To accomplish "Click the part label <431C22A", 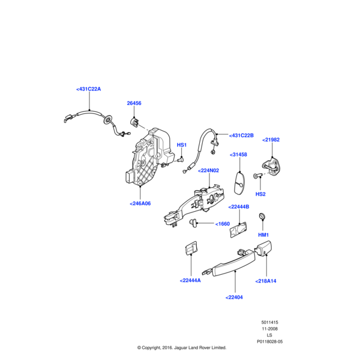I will pos(89,89).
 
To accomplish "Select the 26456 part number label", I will pos(134,103).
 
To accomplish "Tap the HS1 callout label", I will pos(181,145).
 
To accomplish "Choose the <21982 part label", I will pos(271,140).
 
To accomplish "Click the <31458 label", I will pos(238,155).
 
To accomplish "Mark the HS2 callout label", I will pos(260,194).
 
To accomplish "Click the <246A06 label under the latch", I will pos(140,203).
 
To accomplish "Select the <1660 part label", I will pos(222,224).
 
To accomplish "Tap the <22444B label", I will pos(239,207).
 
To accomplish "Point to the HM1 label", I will pos(263,235).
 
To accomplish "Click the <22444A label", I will pos(190,280).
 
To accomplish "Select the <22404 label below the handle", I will pos(235,296).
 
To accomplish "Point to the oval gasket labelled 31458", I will pos(239,182).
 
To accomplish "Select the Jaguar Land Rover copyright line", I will pos(181,347).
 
